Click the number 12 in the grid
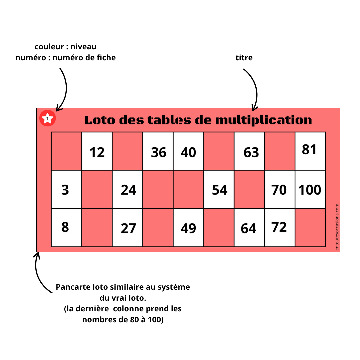pyautogui.click(x=97, y=152)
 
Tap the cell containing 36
pyautogui.click(x=158, y=152)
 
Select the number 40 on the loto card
pyautogui.click(x=188, y=152)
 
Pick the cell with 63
pyautogui.click(x=251, y=152)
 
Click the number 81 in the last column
pyautogui.click(x=309, y=150)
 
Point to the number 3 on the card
pyautogui.click(x=65, y=190)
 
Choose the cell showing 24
pyautogui.click(x=128, y=190)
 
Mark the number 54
pyautogui.click(x=220, y=190)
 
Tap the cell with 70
pyautogui.click(x=279, y=190)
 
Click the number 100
pyautogui.click(x=310, y=190)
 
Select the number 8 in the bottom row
pyautogui.click(x=65, y=227)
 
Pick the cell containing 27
pyautogui.click(x=128, y=229)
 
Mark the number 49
pyautogui.click(x=188, y=229)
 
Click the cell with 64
pyautogui.click(x=249, y=229)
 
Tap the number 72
pyautogui.click(x=279, y=227)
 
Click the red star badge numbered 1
pyautogui.click(x=48, y=118)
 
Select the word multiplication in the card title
pyautogui.click(x=263, y=120)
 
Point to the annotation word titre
pyautogui.click(x=244, y=58)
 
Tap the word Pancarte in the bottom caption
pyautogui.click(x=71, y=287)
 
